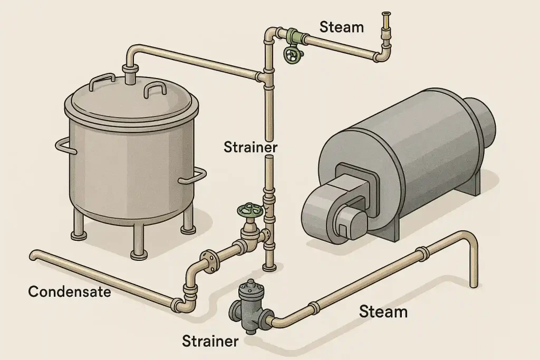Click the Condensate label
69,291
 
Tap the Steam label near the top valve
342,27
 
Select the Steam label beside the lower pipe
383,312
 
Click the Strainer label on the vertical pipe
250,147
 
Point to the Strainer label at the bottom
210,341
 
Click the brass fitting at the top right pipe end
387,21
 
